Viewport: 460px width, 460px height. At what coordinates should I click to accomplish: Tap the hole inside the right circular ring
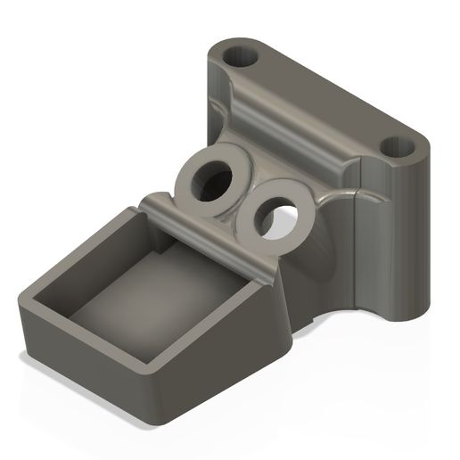279,217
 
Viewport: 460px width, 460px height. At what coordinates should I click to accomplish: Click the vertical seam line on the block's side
357,241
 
